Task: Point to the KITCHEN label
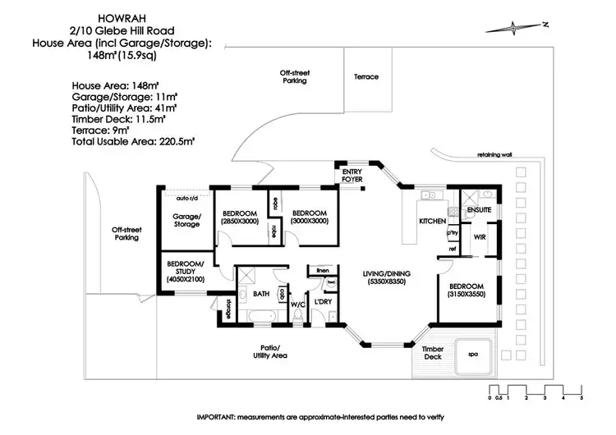point(433,222)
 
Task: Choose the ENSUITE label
point(479,211)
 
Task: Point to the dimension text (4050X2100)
point(186,280)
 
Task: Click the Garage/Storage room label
point(186,220)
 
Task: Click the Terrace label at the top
point(366,77)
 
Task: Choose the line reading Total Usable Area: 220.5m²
point(132,142)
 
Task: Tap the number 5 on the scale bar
point(581,397)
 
